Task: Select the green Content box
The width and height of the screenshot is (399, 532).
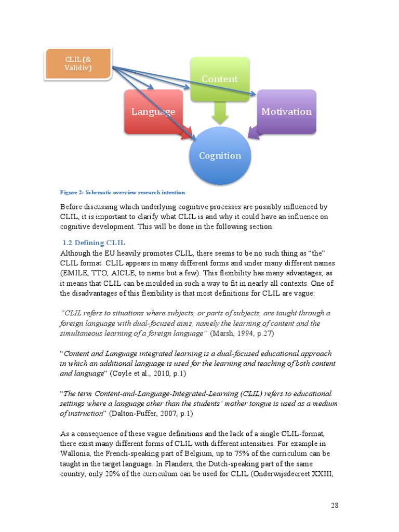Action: (220, 79)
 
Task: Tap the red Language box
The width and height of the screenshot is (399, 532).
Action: (153, 111)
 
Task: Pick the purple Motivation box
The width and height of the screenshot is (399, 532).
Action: (286, 111)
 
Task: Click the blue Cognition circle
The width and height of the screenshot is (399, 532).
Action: (220, 155)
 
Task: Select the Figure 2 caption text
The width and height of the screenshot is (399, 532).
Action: (122, 192)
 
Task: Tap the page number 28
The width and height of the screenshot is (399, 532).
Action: (335, 505)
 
